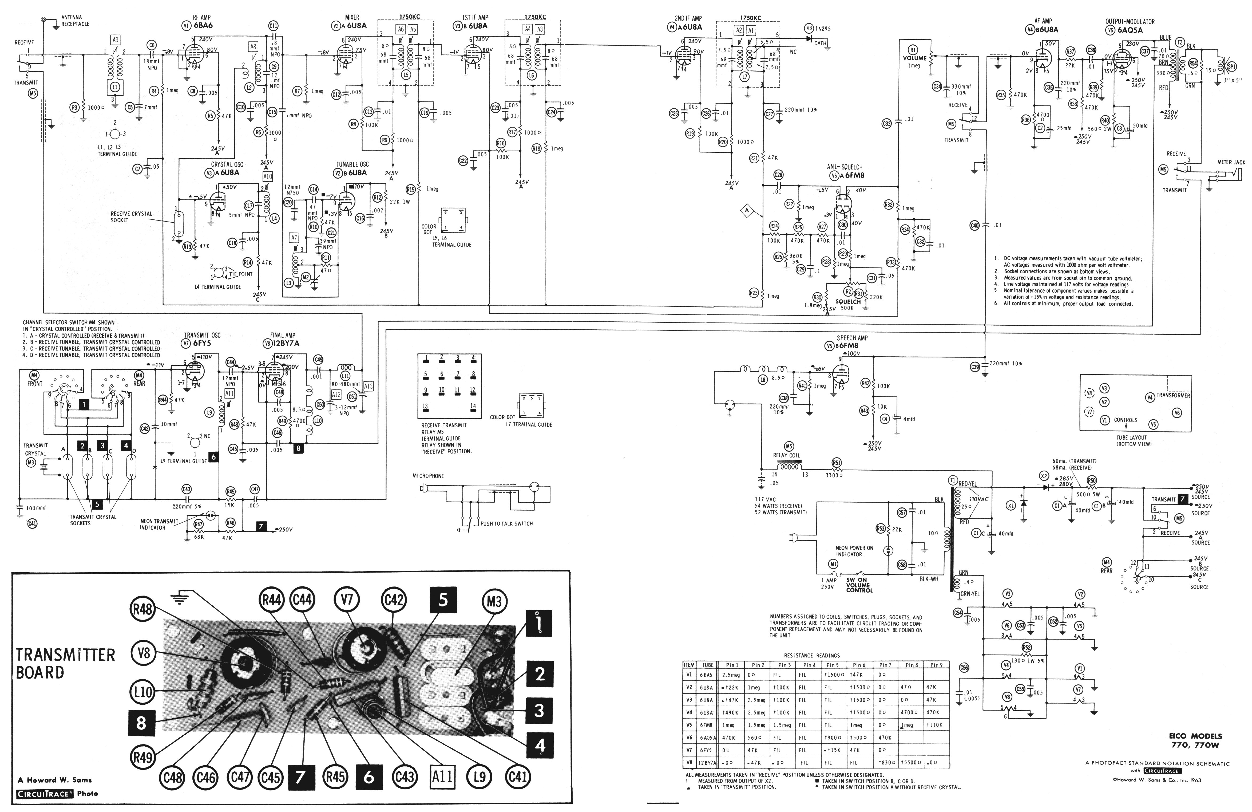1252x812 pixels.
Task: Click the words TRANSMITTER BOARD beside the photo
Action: tap(65, 663)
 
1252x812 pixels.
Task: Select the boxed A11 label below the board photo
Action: tap(442, 776)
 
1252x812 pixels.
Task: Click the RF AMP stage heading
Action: tap(201, 17)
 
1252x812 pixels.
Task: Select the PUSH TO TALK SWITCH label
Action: tap(506, 524)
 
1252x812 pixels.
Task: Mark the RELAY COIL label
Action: tap(787, 455)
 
